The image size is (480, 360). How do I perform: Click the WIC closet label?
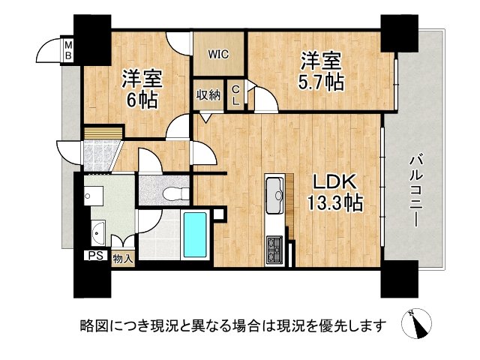pos(218,55)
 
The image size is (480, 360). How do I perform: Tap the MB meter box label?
pos(68,51)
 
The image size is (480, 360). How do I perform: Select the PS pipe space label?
pos(96,256)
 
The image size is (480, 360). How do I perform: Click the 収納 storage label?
pos(208,95)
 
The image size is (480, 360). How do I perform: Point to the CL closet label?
pos(235,95)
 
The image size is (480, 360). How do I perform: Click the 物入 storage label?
pos(123,259)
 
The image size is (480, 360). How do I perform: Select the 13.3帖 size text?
pos(335,202)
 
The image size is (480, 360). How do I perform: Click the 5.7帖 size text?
pos(321,82)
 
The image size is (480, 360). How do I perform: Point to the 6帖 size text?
pos(142,100)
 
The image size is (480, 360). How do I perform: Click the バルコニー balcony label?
pos(416,191)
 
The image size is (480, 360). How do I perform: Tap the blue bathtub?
pos(195,235)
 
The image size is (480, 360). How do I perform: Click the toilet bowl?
pos(176,193)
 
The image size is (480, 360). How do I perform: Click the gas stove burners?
pos(274,250)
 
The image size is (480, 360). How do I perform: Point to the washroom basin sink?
pos(98,233)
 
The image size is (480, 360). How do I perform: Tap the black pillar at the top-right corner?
pos(399,34)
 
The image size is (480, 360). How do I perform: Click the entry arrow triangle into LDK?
pos(205,118)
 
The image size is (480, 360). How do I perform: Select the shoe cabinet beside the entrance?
pos(103,133)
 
